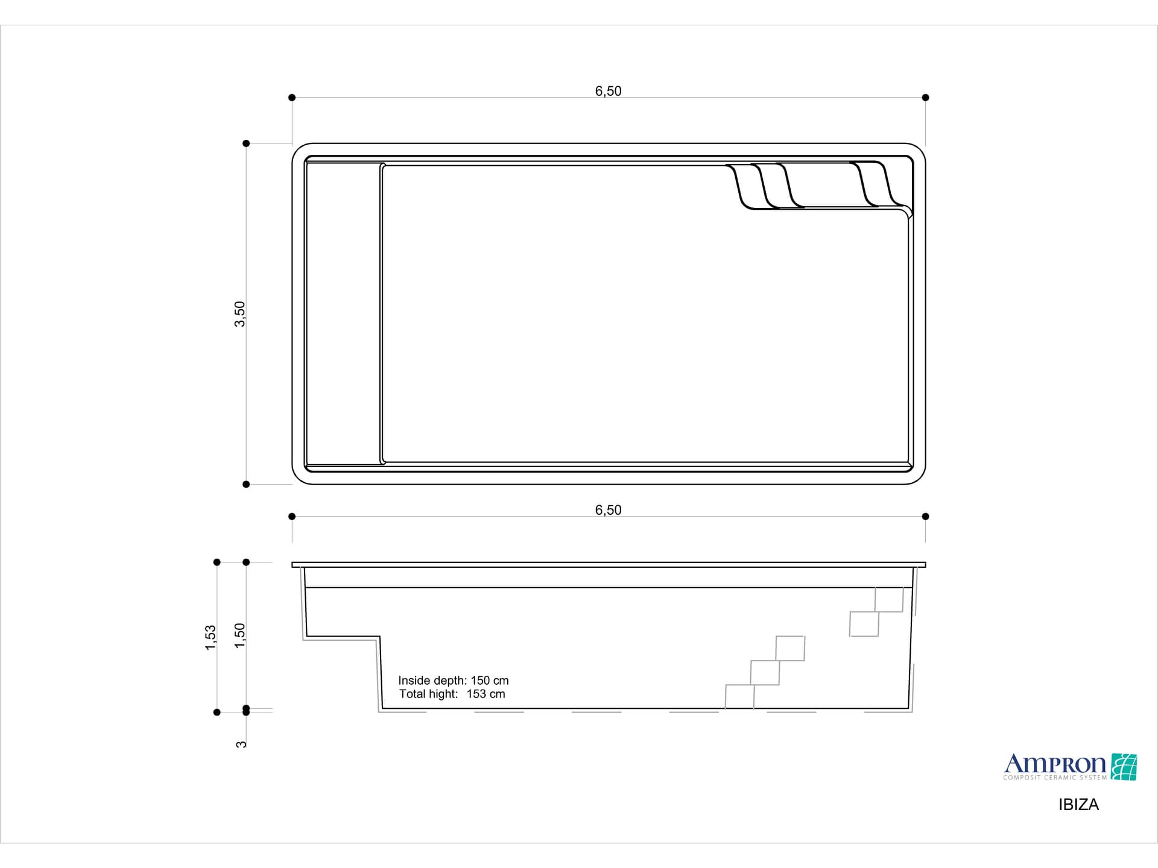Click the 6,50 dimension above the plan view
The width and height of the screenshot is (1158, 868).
(608, 91)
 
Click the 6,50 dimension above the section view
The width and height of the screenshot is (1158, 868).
(608, 510)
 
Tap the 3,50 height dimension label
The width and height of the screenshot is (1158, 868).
(240, 314)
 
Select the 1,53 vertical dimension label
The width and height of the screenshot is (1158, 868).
(210, 638)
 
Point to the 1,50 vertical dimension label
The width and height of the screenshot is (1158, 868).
(240, 636)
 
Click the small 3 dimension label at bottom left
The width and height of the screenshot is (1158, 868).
(241, 744)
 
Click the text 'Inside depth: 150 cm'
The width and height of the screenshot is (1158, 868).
(453, 681)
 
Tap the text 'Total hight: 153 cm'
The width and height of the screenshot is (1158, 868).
(452, 694)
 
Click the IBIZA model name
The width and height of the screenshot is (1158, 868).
(1078, 805)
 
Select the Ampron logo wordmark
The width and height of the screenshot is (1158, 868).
(1054, 764)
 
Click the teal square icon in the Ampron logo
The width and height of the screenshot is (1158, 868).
(1124, 767)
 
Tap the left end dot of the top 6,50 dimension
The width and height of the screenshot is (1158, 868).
(292, 98)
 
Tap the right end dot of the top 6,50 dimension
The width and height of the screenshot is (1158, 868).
(925, 98)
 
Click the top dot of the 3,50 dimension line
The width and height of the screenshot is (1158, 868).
(246, 143)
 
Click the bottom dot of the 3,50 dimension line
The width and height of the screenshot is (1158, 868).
(246, 484)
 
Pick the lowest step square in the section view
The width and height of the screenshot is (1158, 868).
(739, 696)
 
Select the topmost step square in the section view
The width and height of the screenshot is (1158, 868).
(889, 600)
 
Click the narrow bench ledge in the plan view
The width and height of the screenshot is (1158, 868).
(343, 314)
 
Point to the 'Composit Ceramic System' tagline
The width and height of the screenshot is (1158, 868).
(1055, 778)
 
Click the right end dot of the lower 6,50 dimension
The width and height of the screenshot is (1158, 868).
(925, 517)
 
